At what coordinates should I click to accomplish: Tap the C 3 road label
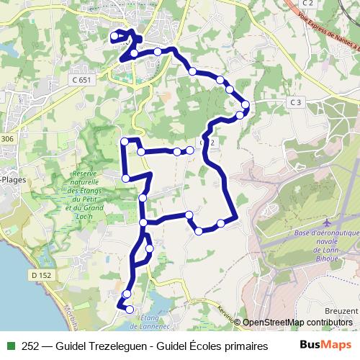pos(294,103)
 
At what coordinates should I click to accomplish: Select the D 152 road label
pos(42,275)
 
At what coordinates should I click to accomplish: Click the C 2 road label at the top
pos(307,4)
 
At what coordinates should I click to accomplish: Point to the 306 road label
pos(7,139)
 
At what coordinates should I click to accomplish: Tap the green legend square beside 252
pos(10,346)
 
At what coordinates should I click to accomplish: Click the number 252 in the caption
pos(32,346)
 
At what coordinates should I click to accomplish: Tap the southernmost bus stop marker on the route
pos(130,310)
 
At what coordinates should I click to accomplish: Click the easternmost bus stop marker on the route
pos(246,105)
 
